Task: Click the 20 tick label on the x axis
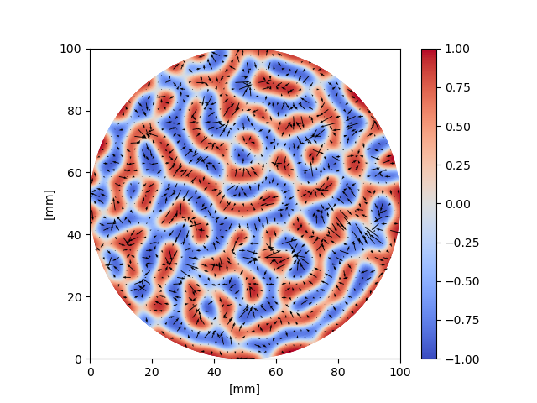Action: tap(152, 371)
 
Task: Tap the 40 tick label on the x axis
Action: tap(214, 371)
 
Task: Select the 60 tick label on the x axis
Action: tap(276, 371)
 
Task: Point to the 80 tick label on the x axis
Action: tap(338, 371)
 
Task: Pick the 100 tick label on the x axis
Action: tap(400, 371)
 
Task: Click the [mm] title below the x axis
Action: tap(245, 389)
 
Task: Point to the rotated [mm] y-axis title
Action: tap(49, 204)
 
